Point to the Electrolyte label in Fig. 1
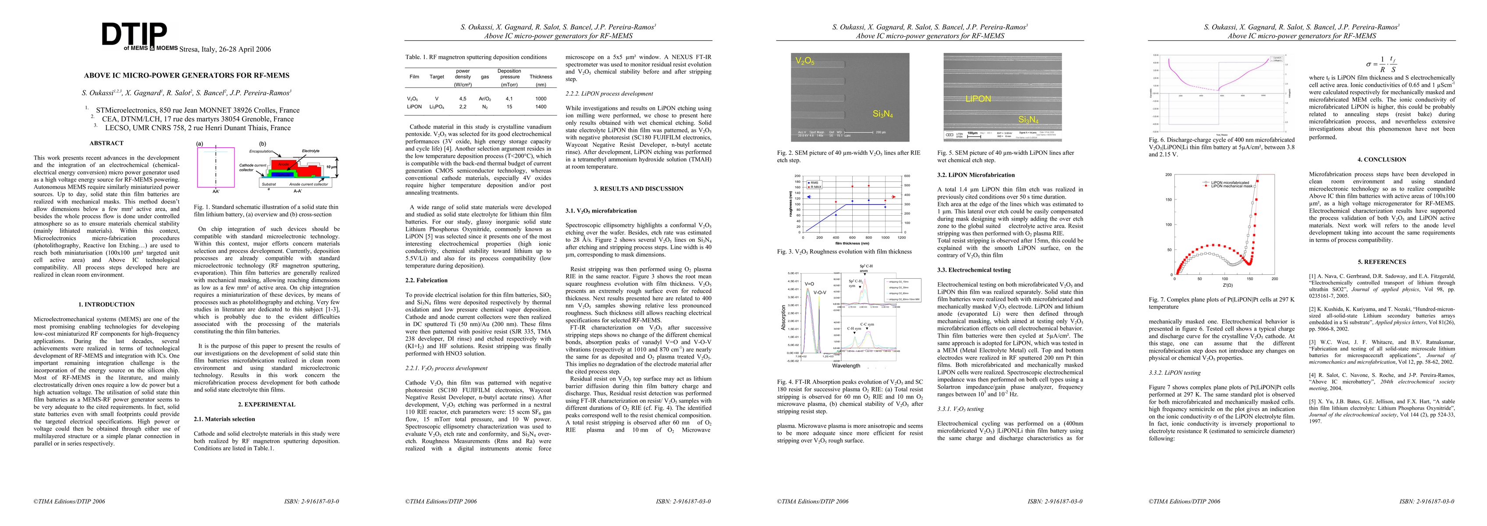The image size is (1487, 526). tap(310, 151)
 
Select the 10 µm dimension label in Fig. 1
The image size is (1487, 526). tap(331, 167)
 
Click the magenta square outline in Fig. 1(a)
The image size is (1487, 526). tap(216, 167)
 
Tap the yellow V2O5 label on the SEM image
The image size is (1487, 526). tap(805, 61)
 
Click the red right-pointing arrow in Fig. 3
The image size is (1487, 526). tap(891, 197)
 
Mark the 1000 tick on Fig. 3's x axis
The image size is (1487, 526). tap(885, 237)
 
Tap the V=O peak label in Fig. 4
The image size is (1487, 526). tap(809, 284)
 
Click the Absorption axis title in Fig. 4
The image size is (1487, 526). tap(783, 317)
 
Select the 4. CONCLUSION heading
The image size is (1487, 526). tap(1384, 160)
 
